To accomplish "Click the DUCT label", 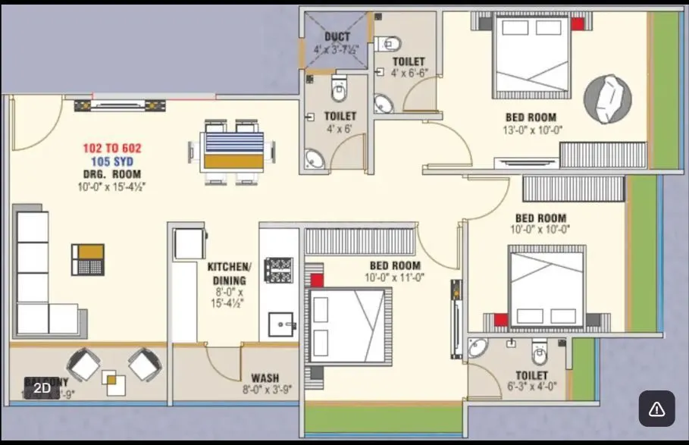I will click(337, 36).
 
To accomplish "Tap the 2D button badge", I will click(42, 388).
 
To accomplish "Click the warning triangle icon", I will click(656, 409).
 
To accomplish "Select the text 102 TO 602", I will click(112, 149).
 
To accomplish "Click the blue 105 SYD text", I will click(112, 161).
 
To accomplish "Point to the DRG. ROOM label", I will click(111, 174).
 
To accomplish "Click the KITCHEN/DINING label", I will click(229, 274).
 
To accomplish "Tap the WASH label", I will click(265, 378).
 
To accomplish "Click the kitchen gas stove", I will click(278, 270).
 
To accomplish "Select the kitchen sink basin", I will click(280, 324).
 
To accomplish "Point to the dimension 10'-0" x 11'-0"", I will click(395, 277).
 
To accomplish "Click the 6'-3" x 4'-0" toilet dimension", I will click(531, 386).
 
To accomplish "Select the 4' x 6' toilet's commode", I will click(339, 90).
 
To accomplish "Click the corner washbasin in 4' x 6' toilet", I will click(314, 158).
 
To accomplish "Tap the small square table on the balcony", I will click(114, 383).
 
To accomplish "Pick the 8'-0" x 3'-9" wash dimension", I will click(267, 390).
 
